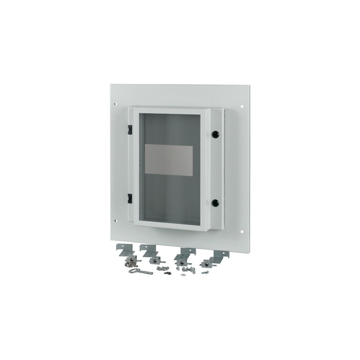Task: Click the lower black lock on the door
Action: tap(216, 202)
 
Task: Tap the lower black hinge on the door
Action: tap(129, 197)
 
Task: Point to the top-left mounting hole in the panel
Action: tap(115, 104)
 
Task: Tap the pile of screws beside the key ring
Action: tap(127, 265)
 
